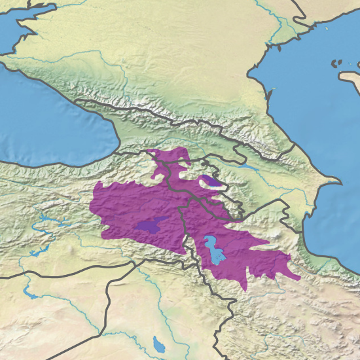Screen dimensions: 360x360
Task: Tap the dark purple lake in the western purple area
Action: coord(150,225)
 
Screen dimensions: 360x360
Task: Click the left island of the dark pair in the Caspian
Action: coord(334,64)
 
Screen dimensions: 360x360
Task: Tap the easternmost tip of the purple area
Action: coord(300,278)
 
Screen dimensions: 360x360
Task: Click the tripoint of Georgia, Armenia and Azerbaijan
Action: coord(205,162)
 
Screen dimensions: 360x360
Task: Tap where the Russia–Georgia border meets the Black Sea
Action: coord(79,101)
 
